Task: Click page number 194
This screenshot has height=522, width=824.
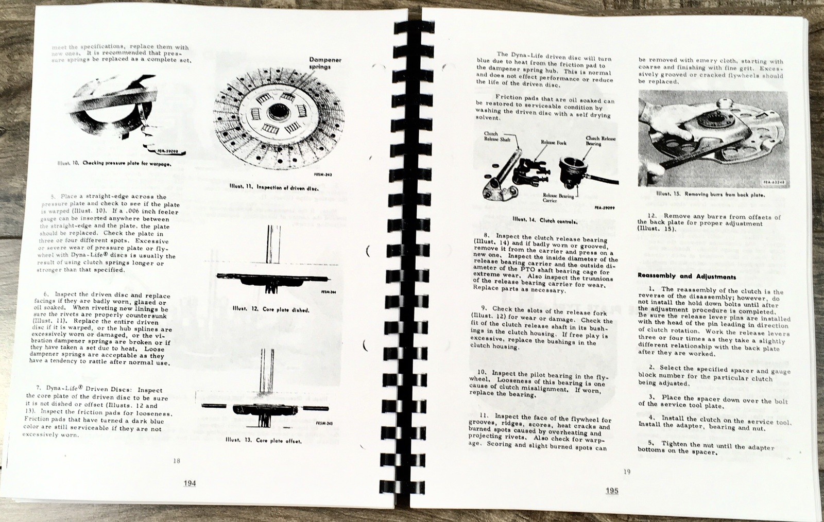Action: [190, 484]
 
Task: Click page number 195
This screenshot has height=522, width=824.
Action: [612, 491]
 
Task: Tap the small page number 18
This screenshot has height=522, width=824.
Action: [177, 461]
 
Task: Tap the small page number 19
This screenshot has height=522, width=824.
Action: [627, 471]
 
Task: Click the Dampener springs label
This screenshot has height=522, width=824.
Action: [325, 63]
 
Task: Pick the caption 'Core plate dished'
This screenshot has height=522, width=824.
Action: [270, 310]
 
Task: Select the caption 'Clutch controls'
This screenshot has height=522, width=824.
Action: [544, 220]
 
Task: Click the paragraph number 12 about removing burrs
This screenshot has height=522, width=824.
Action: [651, 216]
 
